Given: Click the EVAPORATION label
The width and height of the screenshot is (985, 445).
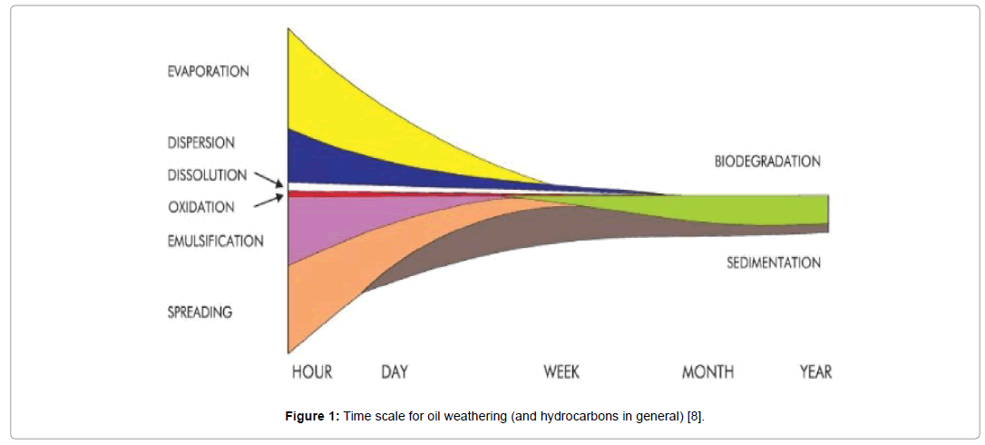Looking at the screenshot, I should click(x=208, y=72).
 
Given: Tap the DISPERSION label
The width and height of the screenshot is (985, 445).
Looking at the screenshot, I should click(x=200, y=143).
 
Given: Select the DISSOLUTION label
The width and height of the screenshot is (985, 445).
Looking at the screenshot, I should click(x=207, y=175).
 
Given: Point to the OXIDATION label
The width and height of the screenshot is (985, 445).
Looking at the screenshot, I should click(x=200, y=207).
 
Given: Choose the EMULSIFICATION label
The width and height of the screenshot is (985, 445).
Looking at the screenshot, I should click(x=215, y=242).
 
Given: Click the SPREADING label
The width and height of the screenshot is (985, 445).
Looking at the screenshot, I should click(x=200, y=312).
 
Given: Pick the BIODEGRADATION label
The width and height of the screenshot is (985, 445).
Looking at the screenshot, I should click(x=767, y=162).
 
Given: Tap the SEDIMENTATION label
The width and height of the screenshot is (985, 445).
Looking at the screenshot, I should click(x=773, y=263).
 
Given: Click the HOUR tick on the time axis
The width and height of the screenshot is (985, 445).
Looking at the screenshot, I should click(x=311, y=372).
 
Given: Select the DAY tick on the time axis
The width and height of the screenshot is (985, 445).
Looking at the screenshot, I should click(x=394, y=372).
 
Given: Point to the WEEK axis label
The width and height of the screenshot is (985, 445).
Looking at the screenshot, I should click(x=561, y=372).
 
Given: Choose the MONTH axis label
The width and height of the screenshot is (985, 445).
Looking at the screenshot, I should click(x=707, y=372).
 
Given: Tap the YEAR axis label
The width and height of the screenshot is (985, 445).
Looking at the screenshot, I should click(x=814, y=372).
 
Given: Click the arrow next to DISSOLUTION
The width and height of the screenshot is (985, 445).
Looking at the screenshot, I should click(x=268, y=178).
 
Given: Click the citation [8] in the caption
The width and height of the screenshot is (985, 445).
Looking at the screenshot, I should click(x=693, y=416).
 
